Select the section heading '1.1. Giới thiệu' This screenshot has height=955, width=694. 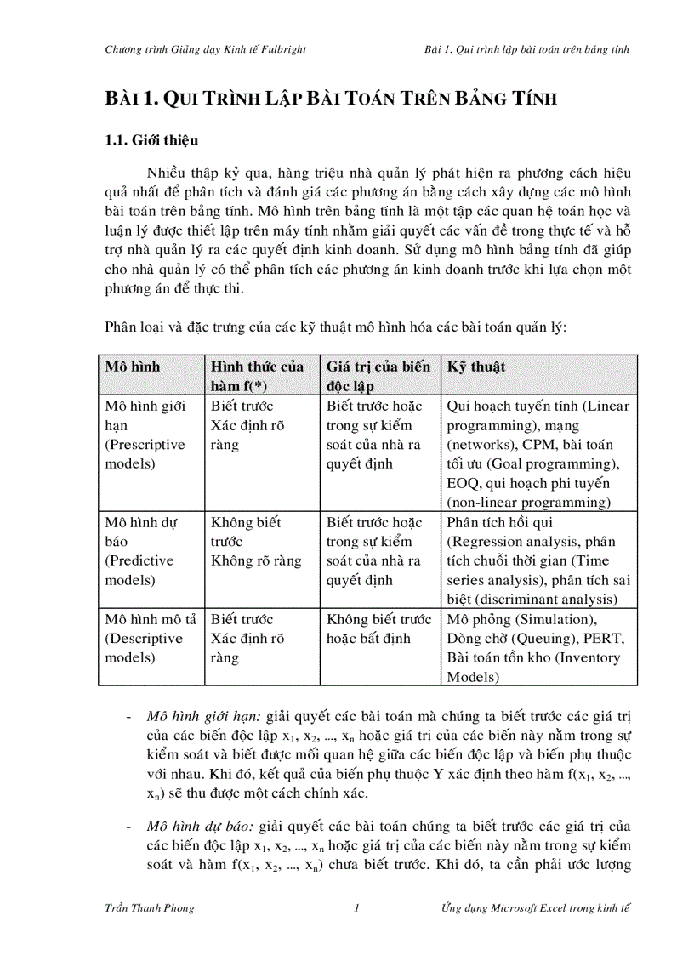pyautogui.click(x=151, y=139)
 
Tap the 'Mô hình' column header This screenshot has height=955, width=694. pyautogui.click(x=132, y=367)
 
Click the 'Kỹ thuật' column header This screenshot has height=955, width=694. pyautogui.click(x=476, y=367)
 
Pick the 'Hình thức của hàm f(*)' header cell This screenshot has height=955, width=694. pyautogui.click(x=257, y=376)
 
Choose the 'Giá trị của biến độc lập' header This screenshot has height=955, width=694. pyautogui.click(x=378, y=376)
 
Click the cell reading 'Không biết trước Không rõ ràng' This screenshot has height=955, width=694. pyautogui.click(x=256, y=542)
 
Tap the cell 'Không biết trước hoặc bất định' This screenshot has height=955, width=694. pyautogui.click(x=378, y=628)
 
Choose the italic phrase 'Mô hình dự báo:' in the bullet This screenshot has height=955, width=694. pyautogui.click(x=192, y=827)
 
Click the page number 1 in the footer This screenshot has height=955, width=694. pyautogui.click(x=357, y=907)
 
